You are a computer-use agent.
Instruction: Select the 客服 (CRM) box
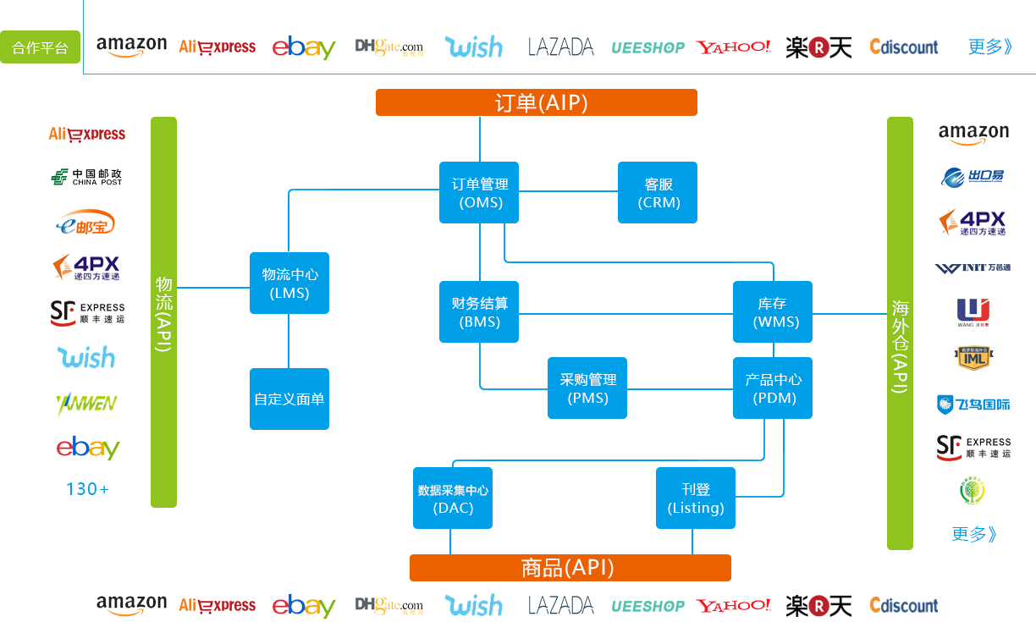(x=658, y=193)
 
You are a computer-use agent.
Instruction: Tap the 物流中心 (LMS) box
(x=289, y=283)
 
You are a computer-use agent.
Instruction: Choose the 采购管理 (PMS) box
(x=587, y=388)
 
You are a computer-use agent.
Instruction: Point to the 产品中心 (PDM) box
(x=773, y=388)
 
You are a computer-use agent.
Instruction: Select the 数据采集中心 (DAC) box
(x=453, y=498)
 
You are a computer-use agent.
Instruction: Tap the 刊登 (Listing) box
(x=696, y=498)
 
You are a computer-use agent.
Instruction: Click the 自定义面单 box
(x=289, y=399)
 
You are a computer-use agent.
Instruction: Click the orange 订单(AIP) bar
(x=537, y=102)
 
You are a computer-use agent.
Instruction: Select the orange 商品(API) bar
(x=570, y=568)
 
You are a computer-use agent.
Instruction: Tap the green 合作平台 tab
(x=41, y=47)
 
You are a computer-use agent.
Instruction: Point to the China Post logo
(x=86, y=177)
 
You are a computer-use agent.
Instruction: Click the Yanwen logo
(x=86, y=404)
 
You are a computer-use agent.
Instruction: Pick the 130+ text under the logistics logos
(x=87, y=489)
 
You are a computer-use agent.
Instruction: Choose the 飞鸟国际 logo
(x=973, y=404)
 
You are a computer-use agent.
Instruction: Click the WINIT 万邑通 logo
(x=973, y=267)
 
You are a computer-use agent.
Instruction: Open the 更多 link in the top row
(x=989, y=47)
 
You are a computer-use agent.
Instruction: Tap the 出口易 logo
(x=973, y=177)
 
